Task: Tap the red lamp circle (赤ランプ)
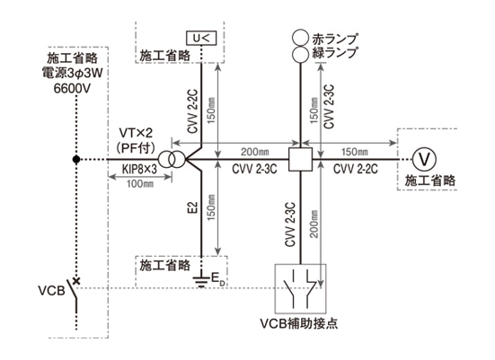(299, 38)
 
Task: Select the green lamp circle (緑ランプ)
(299, 56)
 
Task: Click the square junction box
(299, 160)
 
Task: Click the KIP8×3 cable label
(138, 170)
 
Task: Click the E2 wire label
(191, 213)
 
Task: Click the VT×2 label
(137, 131)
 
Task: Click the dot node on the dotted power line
(78, 160)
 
